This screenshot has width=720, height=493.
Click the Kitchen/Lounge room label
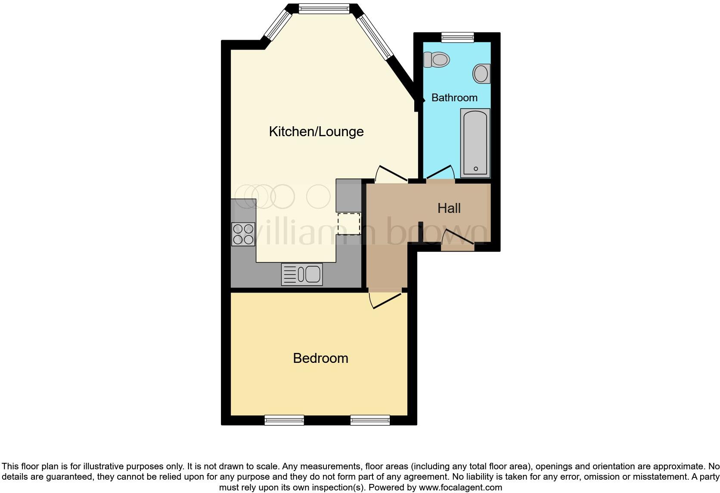[316, 131]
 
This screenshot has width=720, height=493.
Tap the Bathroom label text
[454, 98]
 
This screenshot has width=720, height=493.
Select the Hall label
[449, 209]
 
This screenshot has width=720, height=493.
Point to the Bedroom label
[320, 358]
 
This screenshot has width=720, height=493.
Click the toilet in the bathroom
[436, 59]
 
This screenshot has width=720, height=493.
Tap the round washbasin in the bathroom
[481, 74]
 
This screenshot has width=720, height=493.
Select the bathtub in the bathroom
[475, 142]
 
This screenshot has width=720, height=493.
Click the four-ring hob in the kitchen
[243, 234]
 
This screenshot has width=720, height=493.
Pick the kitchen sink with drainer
[302, 274]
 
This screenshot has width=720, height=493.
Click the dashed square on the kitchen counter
[348, 224]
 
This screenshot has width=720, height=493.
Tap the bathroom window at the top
[457, 37]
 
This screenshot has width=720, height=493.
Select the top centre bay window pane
[324, 9]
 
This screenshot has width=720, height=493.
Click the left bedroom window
[284, 420]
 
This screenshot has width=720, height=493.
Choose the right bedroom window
[370, 420]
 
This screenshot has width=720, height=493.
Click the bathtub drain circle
[475, 169]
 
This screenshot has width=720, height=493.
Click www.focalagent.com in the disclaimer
[460, 488]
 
